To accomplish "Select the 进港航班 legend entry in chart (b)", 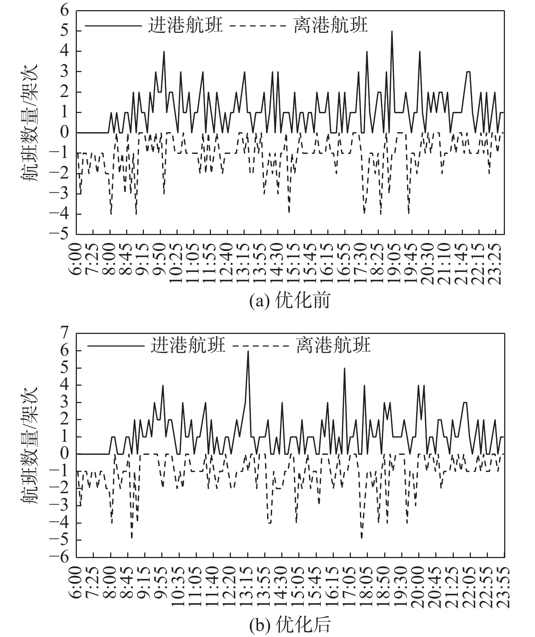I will pyautogui.click(x=188, y=345).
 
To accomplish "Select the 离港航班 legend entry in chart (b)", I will pyautogui.click(x=333, y=345).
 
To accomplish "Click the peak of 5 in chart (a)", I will pyautogui.click(x=392, y=32).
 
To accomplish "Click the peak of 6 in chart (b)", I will pyautogui.click(x=248, y=351).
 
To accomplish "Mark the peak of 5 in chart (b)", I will pyautogui.click(x=344, y=368).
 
